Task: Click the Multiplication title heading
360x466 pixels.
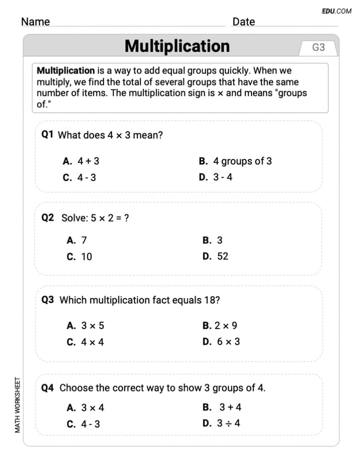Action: point(177,46)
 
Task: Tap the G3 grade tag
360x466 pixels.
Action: point(318,47)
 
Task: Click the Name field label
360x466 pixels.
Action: point(35,22)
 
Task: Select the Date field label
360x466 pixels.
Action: point(243,22)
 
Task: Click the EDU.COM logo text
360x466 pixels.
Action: point(336,11)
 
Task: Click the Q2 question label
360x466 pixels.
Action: point(48,218)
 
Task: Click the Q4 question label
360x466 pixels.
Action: point(48,388)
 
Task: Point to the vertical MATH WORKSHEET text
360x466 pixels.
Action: point(18,405)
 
